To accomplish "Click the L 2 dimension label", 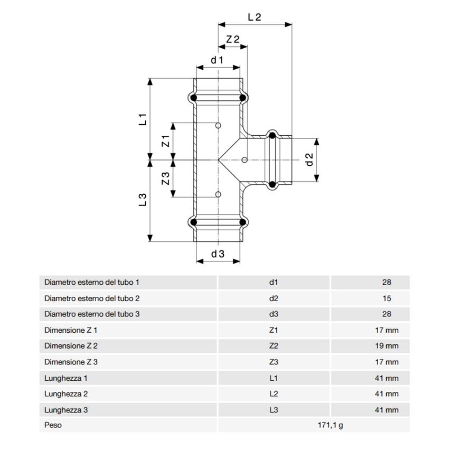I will click(255, 16).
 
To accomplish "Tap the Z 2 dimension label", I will click(233, 39).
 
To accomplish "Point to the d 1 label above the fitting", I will click(218, 60).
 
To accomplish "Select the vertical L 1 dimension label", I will click(142, 119).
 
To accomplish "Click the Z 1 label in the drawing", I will click(165, 140).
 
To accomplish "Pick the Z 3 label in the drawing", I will click(165, 178).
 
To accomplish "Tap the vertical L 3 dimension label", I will click(142, 200).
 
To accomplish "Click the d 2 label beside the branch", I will click(310, 160).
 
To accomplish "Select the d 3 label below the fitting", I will click(218, 254).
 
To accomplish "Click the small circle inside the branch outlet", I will click(244, 160).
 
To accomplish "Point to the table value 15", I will click(387, 298).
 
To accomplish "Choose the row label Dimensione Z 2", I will click(71, 346).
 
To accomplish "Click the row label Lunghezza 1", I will click(65, 378).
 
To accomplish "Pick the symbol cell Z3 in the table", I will click(274, 362).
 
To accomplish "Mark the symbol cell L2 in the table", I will click(274, 394).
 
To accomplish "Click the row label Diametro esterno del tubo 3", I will click(92, 314).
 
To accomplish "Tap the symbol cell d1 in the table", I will click(274, 283).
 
